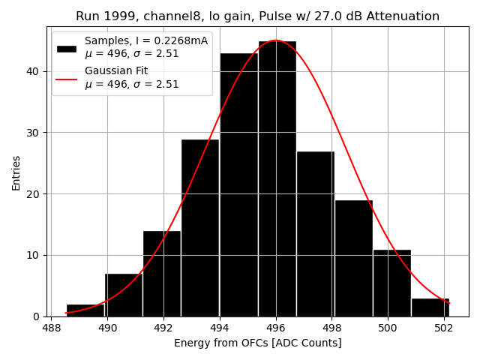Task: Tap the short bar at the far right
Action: pos(430,307)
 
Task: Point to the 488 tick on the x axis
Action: pos(52,328)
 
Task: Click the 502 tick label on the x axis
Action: pos(443,328)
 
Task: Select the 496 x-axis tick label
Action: pos(276,328)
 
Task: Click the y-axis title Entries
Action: pos(16,172)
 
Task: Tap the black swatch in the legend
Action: pos(67,47)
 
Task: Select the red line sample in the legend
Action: pos(67,77)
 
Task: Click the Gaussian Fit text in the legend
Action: pos(116,71)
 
